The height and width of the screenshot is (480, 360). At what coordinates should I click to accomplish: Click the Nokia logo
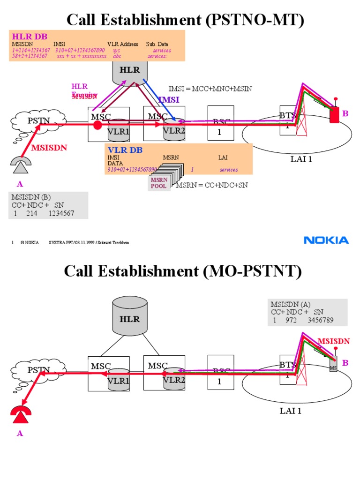(x=326, y=240)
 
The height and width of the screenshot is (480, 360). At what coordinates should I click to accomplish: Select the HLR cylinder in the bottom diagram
(x=130, y=319)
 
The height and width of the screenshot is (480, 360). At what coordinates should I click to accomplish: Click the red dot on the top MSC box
(x=97, y=125)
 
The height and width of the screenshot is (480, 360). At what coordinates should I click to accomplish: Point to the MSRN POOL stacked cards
(x=164, y=180)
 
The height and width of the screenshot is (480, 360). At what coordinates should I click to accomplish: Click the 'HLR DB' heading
(x=30, y=37)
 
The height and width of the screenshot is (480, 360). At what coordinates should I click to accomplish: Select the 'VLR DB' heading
(x=125, y=150)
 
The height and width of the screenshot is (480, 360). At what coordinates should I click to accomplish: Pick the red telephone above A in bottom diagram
(x=20, y=412)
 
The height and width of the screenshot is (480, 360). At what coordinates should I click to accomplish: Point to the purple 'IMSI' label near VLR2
(x=168, y=99)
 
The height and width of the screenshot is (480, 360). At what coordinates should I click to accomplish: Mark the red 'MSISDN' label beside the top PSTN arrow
(x=49, y=148)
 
